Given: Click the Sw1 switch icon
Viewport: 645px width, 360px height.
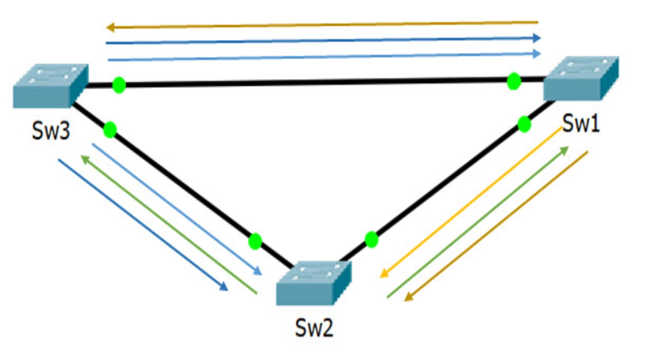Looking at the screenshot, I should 581,78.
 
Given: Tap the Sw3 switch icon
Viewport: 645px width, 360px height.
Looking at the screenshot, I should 51,86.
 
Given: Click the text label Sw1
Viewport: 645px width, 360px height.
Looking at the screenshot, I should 581,124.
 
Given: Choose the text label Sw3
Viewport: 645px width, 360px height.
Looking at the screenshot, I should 51,131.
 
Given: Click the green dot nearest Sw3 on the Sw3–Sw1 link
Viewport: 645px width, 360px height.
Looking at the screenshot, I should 119,85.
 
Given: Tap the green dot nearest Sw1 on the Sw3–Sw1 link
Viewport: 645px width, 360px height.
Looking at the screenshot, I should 514,81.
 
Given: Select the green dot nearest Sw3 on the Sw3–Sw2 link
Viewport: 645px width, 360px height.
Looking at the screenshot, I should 110,129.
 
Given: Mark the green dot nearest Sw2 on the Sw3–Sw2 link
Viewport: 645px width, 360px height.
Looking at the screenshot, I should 255,241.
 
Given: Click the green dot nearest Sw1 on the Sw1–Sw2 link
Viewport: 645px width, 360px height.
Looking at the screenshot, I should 524,124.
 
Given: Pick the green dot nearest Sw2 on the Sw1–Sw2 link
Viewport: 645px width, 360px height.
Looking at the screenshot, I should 371,240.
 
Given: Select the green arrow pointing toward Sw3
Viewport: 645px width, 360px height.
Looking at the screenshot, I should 169,225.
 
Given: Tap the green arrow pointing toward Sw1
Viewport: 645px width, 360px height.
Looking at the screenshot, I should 478,222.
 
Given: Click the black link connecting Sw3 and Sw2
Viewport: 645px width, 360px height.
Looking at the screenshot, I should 183,186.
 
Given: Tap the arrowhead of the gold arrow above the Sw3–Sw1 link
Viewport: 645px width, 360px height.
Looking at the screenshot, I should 111,28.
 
